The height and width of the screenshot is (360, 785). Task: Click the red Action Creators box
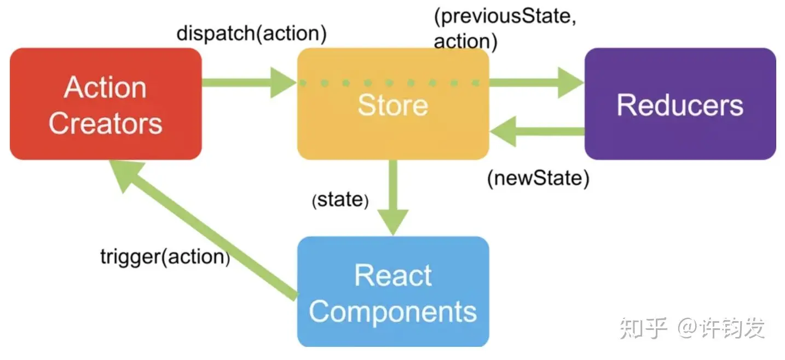[106, 104]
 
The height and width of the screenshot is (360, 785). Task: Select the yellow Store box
[393, 104]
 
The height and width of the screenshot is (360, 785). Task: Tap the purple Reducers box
[680, 104]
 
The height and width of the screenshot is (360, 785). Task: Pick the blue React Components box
[393, 292]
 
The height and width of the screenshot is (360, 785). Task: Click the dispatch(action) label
[252, 34]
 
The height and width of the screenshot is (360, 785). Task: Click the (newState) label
[538, 178]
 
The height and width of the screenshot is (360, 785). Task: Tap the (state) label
[340, 200]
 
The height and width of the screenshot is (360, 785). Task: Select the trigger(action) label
[165, 257]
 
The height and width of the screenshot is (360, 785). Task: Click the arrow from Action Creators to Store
[250, 83]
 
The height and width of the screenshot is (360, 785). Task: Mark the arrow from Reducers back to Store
[537, 132]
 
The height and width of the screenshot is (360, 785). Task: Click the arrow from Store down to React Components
[393, 198]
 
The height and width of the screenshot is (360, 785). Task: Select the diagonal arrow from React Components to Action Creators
[203, 230]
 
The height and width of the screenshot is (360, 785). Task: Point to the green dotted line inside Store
[390, 83]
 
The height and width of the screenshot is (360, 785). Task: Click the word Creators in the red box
[106, 123]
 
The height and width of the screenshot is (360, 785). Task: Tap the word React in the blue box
[393, 275]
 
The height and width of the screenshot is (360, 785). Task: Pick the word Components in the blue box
[393, 312]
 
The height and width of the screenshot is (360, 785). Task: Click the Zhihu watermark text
[692, 328]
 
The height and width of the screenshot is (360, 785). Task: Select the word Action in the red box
[105, 87]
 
